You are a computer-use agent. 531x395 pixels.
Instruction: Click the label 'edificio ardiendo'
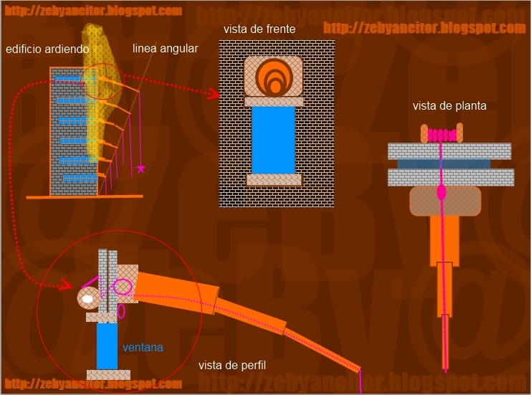[x=47, y=49]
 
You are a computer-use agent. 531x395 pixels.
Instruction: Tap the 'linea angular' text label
[x=165, y=49]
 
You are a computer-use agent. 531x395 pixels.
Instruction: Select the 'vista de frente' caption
[x=257, y=29]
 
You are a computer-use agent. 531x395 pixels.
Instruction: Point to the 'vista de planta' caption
[x=449, y=106]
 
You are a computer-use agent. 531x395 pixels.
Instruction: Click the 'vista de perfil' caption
[x=232, y=366]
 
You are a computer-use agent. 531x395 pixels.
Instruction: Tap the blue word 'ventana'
[x=143, y=348]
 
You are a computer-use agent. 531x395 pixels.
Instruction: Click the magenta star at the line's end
[x=141, y=168]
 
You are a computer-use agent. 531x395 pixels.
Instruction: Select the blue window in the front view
[x=273, y=140]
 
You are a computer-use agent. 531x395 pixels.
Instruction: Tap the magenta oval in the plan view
[x=441, y=192]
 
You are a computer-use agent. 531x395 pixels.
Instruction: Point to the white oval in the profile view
[x=87, y=298]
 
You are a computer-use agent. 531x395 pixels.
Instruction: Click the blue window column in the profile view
[x=107, y=346]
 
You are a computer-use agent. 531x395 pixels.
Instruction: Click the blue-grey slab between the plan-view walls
[x=450, y=163]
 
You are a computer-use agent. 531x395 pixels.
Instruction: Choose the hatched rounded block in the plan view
[x=445, y=200]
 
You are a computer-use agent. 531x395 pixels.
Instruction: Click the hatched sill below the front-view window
[x=273, y=179]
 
